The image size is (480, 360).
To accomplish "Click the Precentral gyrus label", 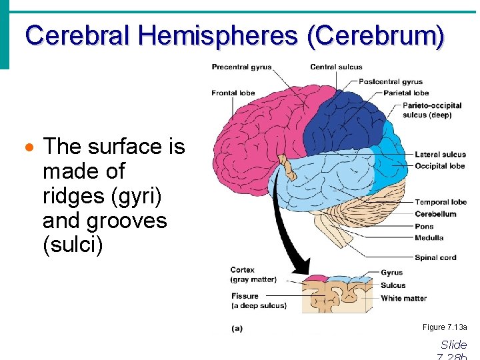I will tap(241, 67).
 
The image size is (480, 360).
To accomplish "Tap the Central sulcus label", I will tap(336, 67).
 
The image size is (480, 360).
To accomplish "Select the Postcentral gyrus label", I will tap(391, 82).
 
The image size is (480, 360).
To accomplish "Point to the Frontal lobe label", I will tap(233, 93).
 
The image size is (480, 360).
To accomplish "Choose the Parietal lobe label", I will tap(406, 93).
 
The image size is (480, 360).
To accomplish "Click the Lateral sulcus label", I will tap(440, 155).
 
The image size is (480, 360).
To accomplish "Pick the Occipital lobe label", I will tap(439, 166).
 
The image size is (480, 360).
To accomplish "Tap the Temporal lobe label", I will tap(441, 202).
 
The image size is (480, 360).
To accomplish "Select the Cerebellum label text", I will tap(435, 214).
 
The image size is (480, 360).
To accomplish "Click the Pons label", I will tap(424, 226).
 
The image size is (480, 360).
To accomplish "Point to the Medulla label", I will tap(429, 238).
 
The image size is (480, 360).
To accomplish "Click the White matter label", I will tap(403, 298).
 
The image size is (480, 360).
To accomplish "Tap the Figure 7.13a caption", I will tap(445, 327).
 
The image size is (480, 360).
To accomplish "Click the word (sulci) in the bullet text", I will tap(73, 245).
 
